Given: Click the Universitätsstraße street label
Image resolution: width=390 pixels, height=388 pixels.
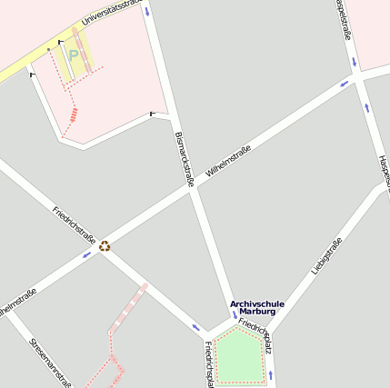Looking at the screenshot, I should click(x=112, y=14).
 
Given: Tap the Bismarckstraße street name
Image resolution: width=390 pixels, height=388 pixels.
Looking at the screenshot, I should click(x=184, y=160).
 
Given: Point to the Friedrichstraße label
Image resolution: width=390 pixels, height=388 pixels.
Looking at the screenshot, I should click(x=75, y=224).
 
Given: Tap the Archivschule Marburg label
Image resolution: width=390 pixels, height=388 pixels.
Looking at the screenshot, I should click(x=257, y=307).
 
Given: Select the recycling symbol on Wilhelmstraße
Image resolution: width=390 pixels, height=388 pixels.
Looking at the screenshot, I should click(x=105, y=244).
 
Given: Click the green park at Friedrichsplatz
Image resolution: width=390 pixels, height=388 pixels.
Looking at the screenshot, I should click(x=237, y=356).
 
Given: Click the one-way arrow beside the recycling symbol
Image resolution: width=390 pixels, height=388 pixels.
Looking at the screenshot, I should click(x=87, y=254).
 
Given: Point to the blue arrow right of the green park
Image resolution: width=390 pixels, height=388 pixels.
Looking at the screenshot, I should click(x=270, y=374).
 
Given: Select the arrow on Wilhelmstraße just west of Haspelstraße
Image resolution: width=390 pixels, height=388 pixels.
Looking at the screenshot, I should click(x=345, y=85).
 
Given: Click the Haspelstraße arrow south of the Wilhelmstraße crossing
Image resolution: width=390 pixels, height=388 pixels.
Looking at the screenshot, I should click(x=367, y=107).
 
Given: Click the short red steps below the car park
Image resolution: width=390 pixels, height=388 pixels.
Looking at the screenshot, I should click(x=75, y=114).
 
